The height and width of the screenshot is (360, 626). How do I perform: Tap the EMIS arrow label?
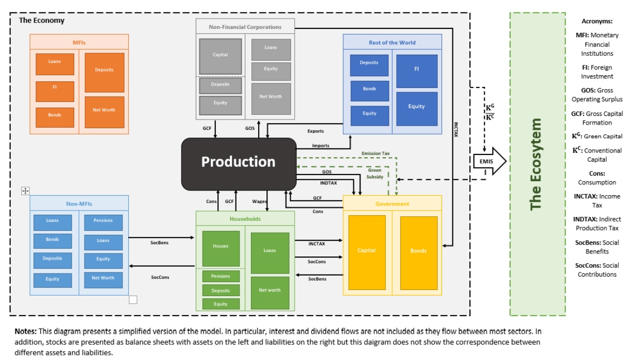click(x=486, y=161)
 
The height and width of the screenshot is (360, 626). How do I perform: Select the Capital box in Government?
click(x=367, y=251)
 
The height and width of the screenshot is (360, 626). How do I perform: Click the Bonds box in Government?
click(x=418, y=251)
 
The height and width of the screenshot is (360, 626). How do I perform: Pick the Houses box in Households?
click(x=221, y=247)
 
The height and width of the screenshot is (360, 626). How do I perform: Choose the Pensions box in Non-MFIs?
click(x=103, y=221)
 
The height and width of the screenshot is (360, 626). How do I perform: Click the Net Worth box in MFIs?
click(x=105, y=110)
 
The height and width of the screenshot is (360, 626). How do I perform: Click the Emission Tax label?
click(x=376, y=153)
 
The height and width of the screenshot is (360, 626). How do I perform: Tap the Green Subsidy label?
click(x=375, y=173)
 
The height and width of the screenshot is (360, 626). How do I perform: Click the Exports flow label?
click(x=316, y=131)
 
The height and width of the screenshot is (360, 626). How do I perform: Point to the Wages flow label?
click(x=259, y=201)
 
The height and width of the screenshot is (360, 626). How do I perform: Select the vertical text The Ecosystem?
click(x=536, y=164)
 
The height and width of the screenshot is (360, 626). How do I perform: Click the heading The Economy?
click(x=42, y=21)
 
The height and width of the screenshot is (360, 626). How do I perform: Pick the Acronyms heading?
click(x=597, y=21)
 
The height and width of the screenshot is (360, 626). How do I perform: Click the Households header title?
click(x=245, y=219)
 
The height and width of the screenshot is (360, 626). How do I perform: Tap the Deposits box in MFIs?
click(x=104, y=71)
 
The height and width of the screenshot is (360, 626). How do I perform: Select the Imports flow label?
click(x=320, y=146)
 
